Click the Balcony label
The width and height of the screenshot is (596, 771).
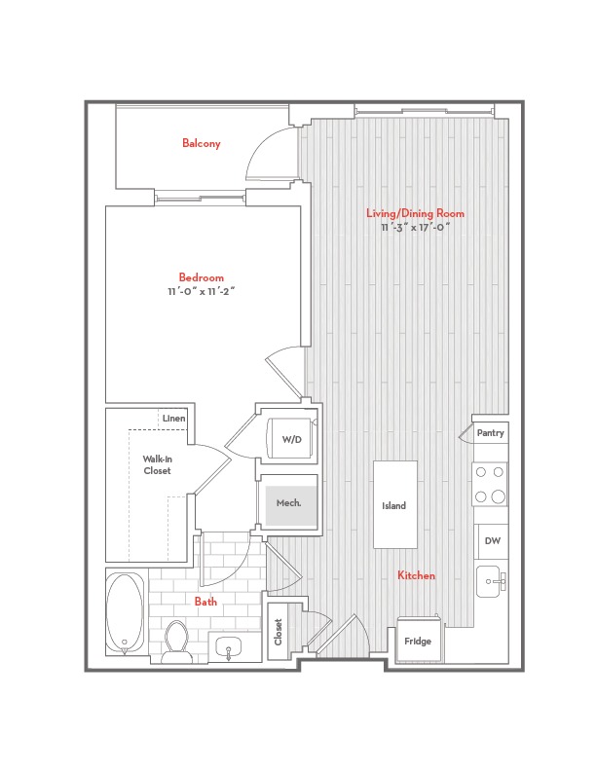pos(202,143)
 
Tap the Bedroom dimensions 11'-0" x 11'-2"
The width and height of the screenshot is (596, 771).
pos(202,291)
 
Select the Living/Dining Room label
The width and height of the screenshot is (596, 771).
pos(415,213)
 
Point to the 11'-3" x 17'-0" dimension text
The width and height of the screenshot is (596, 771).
pos(416,227)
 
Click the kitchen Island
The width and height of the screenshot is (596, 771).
pos(395,504)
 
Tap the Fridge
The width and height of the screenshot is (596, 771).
pos(418,641)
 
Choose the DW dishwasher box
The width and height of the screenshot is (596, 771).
pos(492,541)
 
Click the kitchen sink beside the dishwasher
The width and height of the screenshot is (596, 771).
pos(492,581)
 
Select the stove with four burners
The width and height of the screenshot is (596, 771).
pos(490,485)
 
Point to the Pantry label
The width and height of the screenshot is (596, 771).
pos(490,432)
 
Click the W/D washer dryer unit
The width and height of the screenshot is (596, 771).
pos(291,439)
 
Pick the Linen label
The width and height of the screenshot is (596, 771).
pos(174,419)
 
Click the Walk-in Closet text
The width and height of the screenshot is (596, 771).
pos(158,464)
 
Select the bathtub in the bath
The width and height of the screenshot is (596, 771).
pos(126,612)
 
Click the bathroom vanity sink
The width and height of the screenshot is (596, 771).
pos(229,645)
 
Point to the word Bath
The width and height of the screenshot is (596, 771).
pos(205,601)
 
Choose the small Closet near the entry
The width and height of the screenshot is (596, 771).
pos(279,632)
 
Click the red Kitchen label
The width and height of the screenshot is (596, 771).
pos(416,575)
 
